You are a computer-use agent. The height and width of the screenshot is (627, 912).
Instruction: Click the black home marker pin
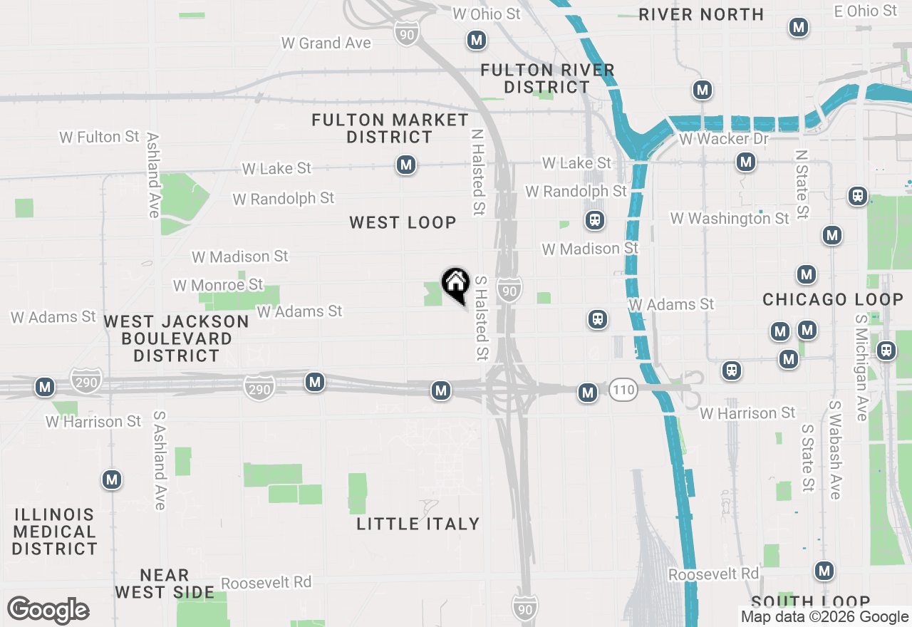click(x=455, y=284)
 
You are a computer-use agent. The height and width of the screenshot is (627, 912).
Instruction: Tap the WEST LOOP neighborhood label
click(x=403, y=223)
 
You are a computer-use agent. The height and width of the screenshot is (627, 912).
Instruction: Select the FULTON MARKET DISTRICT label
click(x=390, y=128)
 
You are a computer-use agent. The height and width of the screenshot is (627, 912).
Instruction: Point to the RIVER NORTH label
click(x=701, y=14)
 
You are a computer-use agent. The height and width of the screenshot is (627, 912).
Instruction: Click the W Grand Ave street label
click(x=326, y=43)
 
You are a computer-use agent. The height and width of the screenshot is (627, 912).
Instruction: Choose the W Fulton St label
click(x=100, y=137)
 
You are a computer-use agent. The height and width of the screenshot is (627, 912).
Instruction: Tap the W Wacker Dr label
click(x=724, y=139)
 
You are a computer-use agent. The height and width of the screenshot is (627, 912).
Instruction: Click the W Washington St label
click(x=730, y=219)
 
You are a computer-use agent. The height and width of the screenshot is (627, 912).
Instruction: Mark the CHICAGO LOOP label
click(x=833, y=300)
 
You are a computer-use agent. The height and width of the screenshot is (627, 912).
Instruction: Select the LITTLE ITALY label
click(x=418, y=524)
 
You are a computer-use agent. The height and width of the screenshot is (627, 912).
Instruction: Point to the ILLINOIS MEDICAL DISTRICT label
click(x=54, y=532)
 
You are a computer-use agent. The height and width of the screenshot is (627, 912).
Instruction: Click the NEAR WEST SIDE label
click(x=165, y=584)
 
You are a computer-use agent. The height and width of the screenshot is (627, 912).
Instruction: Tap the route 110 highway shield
click(x=622, y=390)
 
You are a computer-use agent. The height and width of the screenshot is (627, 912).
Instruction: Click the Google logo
click(x=48, y=611)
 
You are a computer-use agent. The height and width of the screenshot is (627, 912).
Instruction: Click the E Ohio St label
click(x=865, y=11)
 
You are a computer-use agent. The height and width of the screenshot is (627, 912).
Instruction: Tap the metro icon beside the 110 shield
click(x=588, y=392)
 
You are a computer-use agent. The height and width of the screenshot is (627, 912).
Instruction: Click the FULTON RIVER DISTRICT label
click(x=547, y=78)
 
